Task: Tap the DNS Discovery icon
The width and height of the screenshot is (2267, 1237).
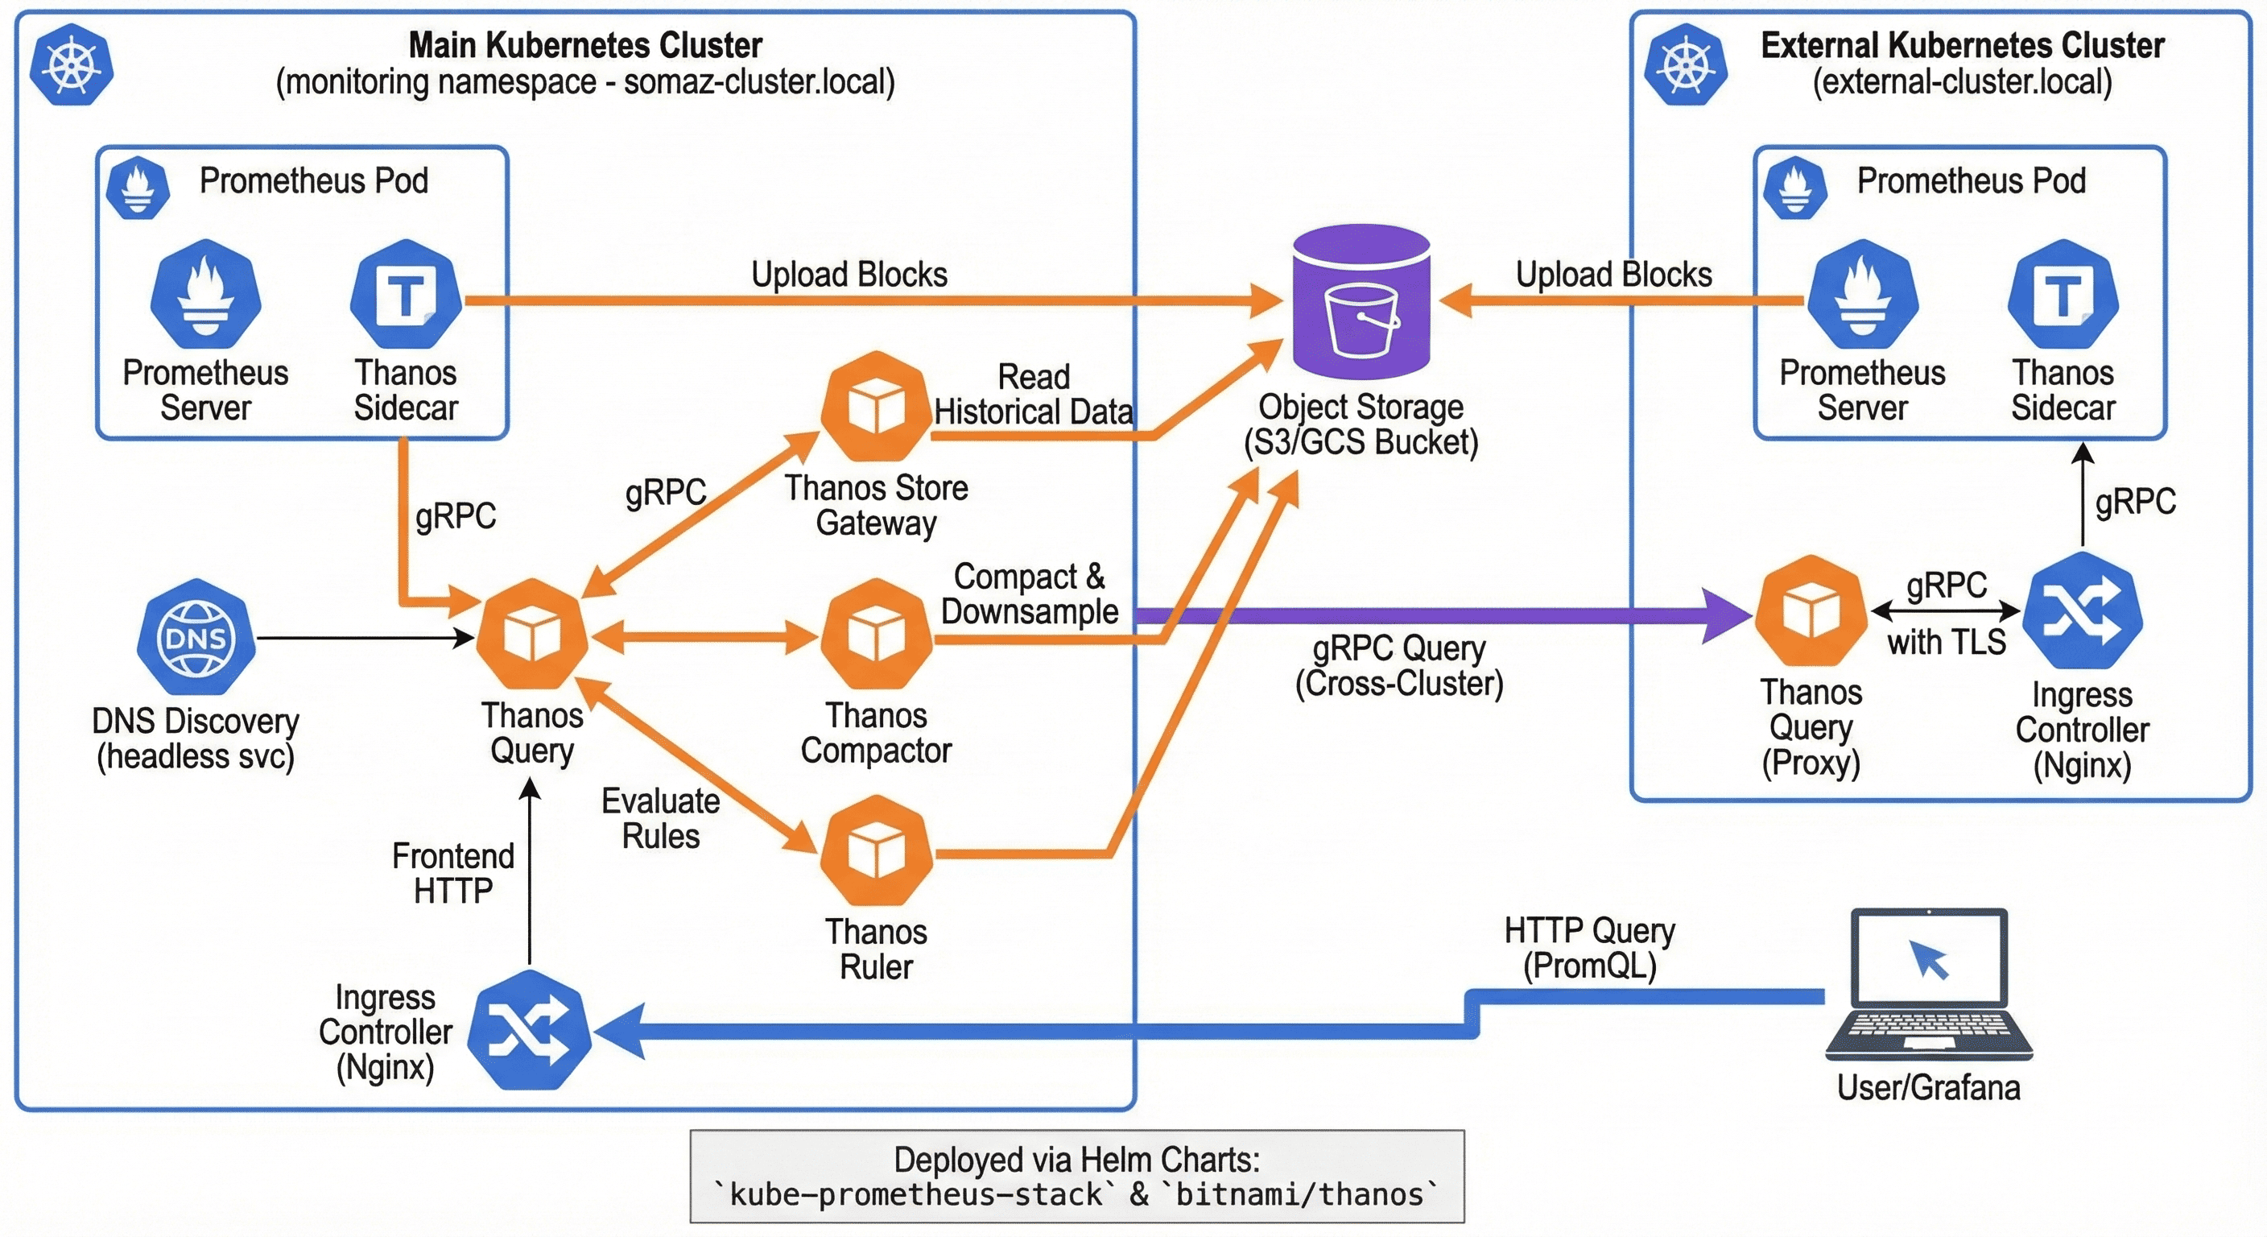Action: (196, 635)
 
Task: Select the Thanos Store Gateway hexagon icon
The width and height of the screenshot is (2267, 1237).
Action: (876, 406)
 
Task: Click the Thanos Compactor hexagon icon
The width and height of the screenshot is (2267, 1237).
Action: (876, 633)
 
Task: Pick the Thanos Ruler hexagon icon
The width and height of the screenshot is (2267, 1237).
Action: (876, 850)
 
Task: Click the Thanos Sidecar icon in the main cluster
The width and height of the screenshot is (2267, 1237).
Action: (406, 294)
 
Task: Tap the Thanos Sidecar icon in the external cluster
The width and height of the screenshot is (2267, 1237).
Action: (2062, 294)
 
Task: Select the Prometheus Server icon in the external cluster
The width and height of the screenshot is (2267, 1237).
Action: (1862, 294)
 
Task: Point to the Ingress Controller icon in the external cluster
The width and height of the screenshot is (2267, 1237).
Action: (2082, 610)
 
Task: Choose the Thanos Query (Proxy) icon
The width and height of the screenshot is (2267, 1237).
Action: (1811, 610)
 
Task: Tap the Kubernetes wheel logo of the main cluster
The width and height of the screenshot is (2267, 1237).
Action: (72, 64)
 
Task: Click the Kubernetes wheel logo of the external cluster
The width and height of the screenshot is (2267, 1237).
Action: (1685, 64)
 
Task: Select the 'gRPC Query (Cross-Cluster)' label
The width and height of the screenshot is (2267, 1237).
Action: (1398, 665)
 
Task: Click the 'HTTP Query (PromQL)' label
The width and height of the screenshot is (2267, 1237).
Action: (1589, 948)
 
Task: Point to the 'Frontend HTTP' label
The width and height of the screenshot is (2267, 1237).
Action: (452, 873)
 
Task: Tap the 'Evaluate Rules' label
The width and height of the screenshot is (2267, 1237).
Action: (660, 818)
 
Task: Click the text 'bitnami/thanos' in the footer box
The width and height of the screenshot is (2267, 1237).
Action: (1299, 1195)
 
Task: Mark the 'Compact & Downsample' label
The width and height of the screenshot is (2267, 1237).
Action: (1029, 594)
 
